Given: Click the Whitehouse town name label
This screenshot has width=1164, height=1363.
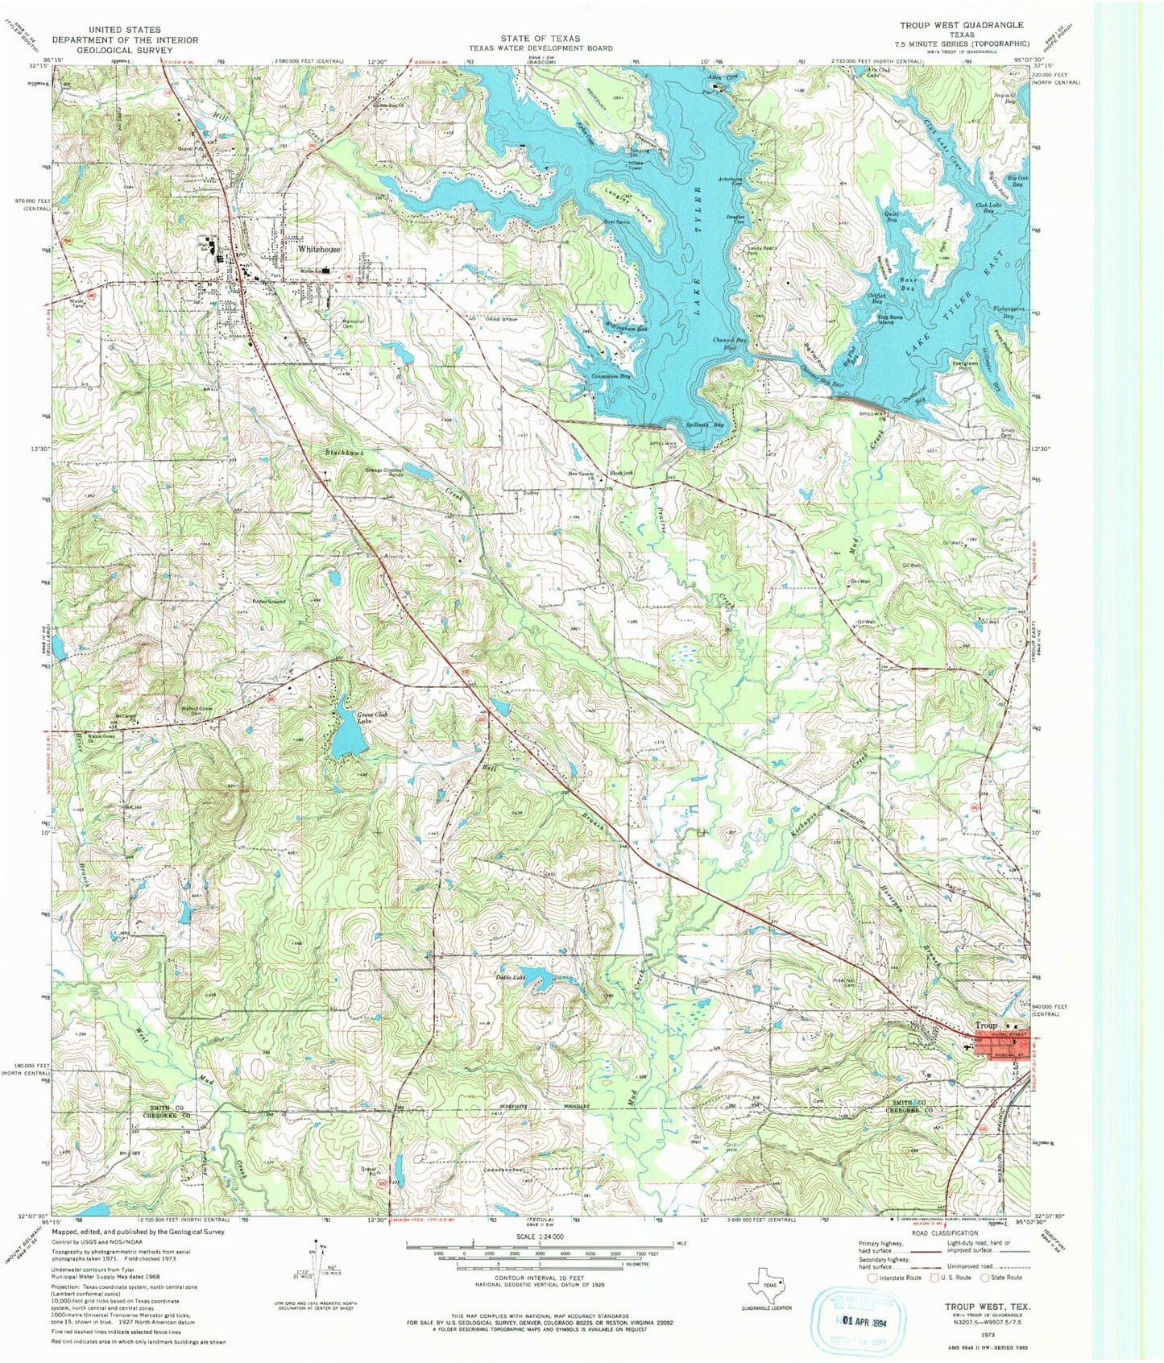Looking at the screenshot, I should pos(318,250).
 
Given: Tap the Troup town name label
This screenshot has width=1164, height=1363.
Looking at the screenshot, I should pos(986,1025).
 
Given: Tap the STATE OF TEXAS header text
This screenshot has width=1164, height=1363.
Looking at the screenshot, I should pos(540,38).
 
